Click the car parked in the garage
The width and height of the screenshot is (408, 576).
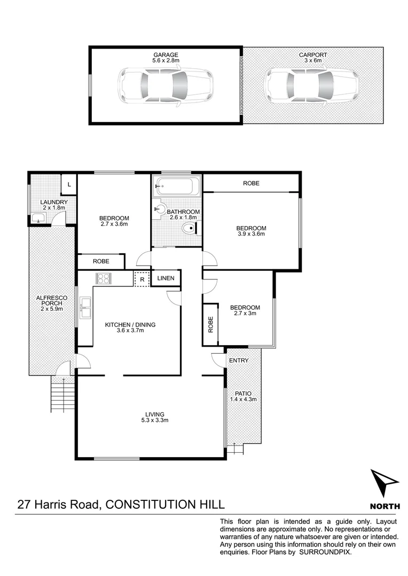click(166, 86)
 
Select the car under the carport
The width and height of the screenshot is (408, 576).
click(312, 86)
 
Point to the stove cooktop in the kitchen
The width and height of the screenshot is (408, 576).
click(103, 278)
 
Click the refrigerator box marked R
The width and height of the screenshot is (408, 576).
click(142, 278)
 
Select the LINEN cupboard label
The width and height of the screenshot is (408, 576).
click(166, 278)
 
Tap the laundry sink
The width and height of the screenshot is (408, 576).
click(37, 218)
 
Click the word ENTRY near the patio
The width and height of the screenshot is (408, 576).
click(239, 361)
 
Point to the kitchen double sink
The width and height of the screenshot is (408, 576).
click(85, 308)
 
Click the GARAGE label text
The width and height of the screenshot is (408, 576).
click(166, 55)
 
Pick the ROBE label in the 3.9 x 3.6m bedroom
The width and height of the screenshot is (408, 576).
click(251, 183)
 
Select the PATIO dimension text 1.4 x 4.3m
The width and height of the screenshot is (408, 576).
click(244, 399)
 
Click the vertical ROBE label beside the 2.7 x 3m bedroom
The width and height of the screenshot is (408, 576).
click(211, 325)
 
